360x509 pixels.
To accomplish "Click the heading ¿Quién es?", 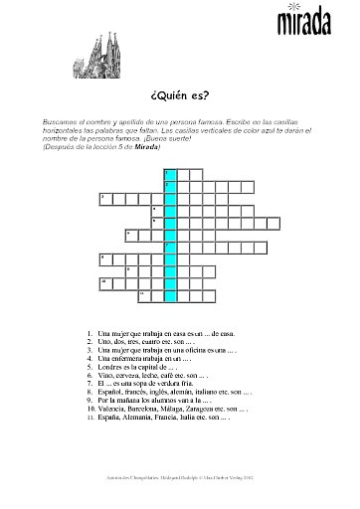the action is [x=180, y=96].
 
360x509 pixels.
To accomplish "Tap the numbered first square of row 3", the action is [x=104, y=198].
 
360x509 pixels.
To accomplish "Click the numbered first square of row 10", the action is [x=104, y=282].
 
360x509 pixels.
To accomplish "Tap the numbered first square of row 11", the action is [x=144, y=294].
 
